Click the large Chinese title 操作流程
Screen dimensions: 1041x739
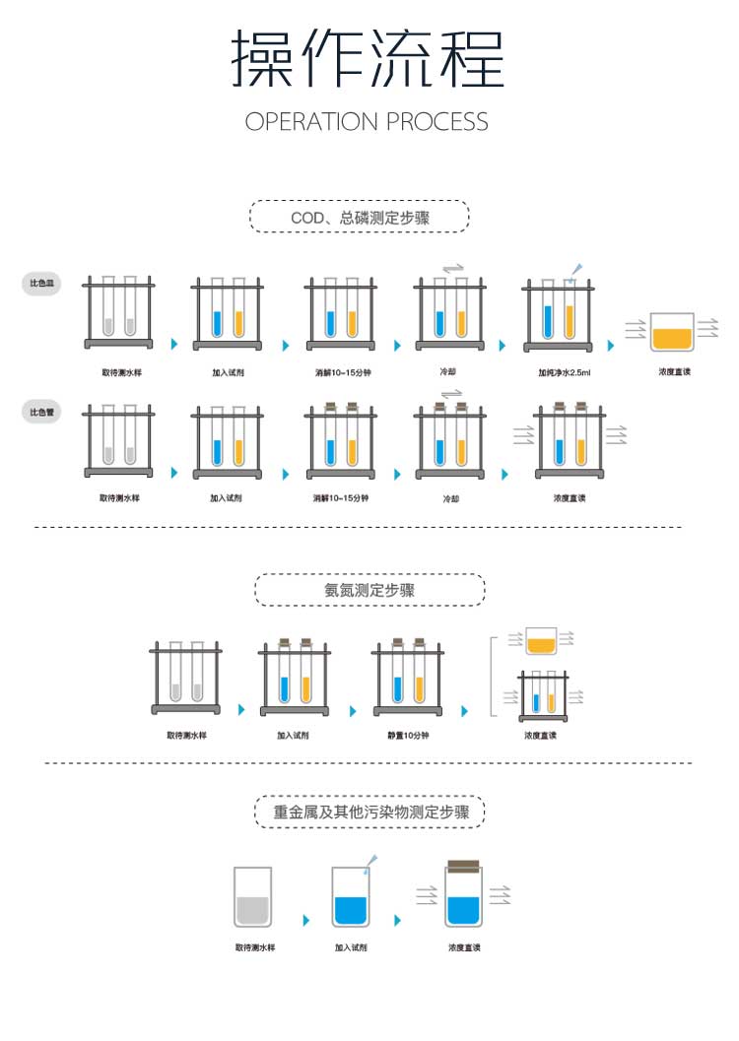368,59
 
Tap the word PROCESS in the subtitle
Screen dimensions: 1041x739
437,122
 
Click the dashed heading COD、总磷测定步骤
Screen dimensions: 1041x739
360,217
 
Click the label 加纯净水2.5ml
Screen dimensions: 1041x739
564,373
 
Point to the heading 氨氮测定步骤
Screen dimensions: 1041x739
369,590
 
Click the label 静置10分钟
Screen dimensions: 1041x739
408,736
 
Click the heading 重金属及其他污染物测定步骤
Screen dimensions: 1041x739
369,813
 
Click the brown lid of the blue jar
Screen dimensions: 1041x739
463,866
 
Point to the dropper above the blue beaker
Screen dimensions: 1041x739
370,863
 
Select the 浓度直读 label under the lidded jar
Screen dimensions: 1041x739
464,947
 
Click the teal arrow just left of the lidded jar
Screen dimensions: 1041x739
398,920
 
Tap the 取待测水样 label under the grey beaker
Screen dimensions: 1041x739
255,947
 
